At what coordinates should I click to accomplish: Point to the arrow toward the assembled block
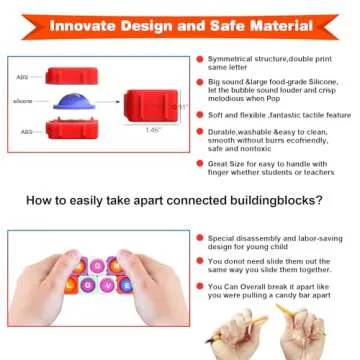pos(106,102)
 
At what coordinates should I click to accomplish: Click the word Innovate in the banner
pos(104,23)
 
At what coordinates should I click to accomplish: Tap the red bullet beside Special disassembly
pos(200,239)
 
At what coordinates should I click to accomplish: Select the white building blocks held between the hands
pos(98,273)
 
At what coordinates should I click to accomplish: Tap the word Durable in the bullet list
pos(223,132)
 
